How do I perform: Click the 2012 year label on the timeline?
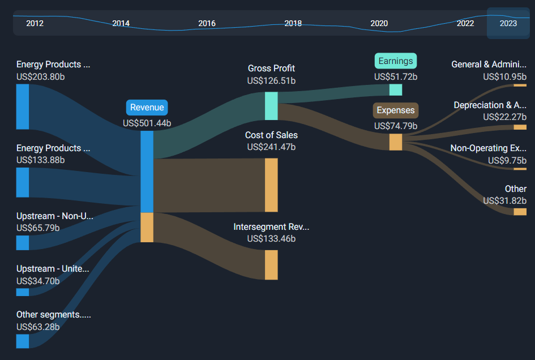pyautogui.click(x=35, y=23)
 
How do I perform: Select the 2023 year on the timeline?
pyautogui.click(x=508, y=23)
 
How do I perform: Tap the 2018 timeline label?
pyautogui.click(x=293, y=23)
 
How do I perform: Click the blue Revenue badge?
pyautogui.click(x=147, y=108)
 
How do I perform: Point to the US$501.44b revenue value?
pyautogui.click(x=147, y=122)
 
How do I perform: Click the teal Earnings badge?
pyautogui.click(x=395, y=61)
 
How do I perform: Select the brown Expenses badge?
pyautogui.click(x=395, y=110)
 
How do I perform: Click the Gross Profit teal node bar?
pyautogui.click(x=271, y=106)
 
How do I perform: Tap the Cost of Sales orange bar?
pyautogui.click(x=271, y=185)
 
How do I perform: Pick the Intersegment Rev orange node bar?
pyautogui.click(x=271, y=265)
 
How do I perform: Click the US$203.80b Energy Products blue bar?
pyautogui.click(x=23, y=106)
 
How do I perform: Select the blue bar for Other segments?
pyautogui.click(x=23, y=341)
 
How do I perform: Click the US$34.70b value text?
pyautogui.click(x=38, y=281)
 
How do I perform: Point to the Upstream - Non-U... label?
pyautogui.click(x=54, y=216)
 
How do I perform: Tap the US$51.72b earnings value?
pyautogui.click(x=395, y=76)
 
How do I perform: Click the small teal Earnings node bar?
pyautogui.click(x=395, y=89)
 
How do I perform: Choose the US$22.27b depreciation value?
pyautogui.click(x=504, y=117)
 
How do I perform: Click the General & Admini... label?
pyautogui.click(x=489, y=65)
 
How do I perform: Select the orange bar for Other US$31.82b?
pyautogui.click(x=520, y=212)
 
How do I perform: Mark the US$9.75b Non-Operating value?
pyautogui.click(x=507, y=161)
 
